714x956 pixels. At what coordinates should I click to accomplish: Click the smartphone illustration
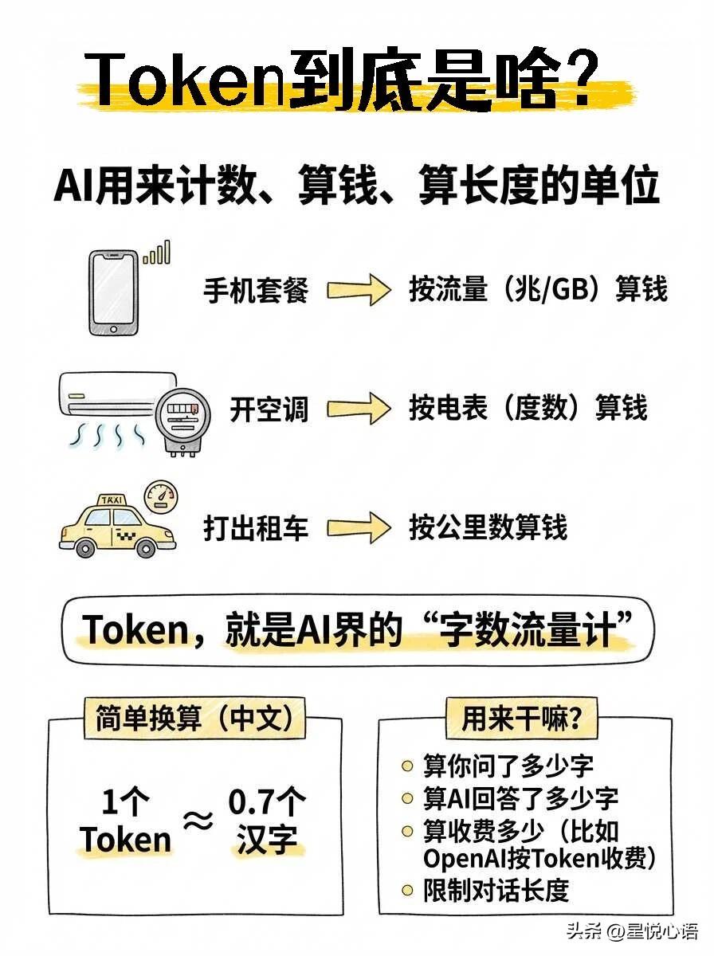coord(112,292)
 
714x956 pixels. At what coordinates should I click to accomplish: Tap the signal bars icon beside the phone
coord(157,253)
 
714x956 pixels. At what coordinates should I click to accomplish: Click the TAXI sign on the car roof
coord(112,500)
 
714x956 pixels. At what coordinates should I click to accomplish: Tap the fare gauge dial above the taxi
coord(162,496)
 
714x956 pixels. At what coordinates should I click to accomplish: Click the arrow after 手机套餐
coord(359,290)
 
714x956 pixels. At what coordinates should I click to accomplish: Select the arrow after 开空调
coord(359,409)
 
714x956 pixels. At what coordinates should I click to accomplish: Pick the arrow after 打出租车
coord(359,527)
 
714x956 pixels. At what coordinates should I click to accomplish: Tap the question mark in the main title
coord(594,82)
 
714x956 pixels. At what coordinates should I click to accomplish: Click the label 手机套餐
coord(256,290)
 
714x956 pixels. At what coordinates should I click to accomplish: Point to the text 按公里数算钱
coord(488,527)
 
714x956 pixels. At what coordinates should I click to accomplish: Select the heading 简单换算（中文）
coord(194,719)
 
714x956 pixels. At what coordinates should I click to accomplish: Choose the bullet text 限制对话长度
coord(496,891)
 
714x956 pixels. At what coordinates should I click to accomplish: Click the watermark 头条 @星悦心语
coord(631,931)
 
